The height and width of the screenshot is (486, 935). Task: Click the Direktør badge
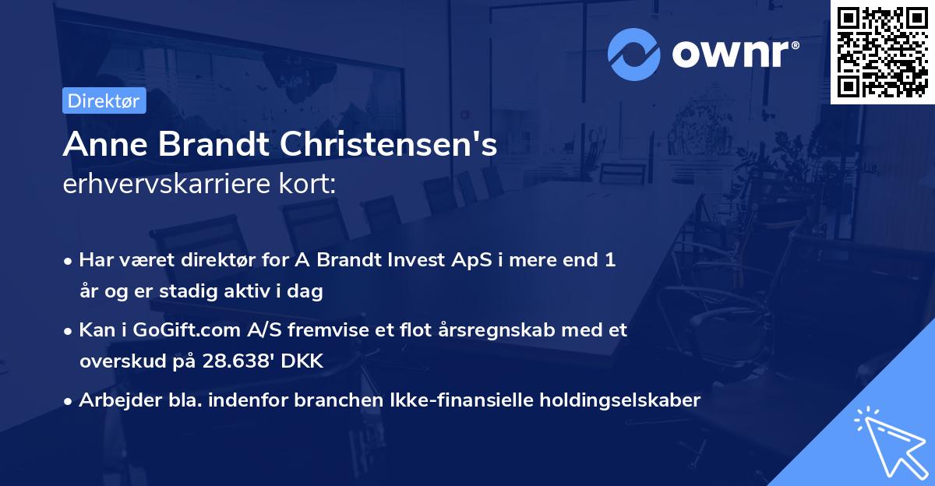tap(104, 100)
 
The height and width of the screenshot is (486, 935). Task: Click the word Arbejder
tap(115, 400)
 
